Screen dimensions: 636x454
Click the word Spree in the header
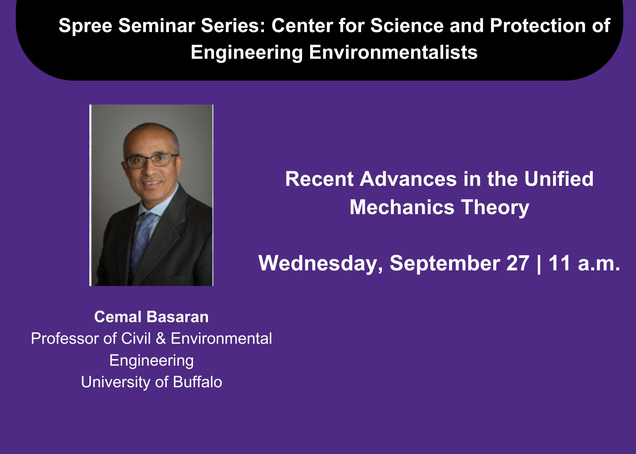(85, 26)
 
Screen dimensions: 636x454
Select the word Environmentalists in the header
(393, 52)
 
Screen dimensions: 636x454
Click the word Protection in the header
(538, 25)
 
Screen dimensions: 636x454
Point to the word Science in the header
(407, 25)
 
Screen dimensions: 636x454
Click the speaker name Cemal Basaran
(151, 317)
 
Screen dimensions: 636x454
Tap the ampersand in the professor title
(161, 338)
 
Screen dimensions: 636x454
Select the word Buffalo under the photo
(197, 382)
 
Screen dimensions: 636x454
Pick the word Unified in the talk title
(559, 179)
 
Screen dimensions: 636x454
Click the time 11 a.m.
(584, 263)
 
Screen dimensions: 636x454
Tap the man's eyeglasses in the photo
(152, 160)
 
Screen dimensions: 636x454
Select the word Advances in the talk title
(408, 179)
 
